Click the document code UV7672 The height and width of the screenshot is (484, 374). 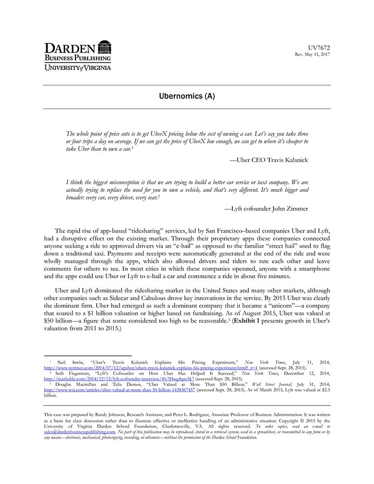click(320, 48)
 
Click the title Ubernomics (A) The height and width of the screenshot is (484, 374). click(187, 97)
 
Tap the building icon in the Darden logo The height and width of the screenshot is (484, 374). click(105, 46)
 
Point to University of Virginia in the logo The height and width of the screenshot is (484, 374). click(77, 67)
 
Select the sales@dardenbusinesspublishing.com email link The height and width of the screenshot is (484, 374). click(79, 432)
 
